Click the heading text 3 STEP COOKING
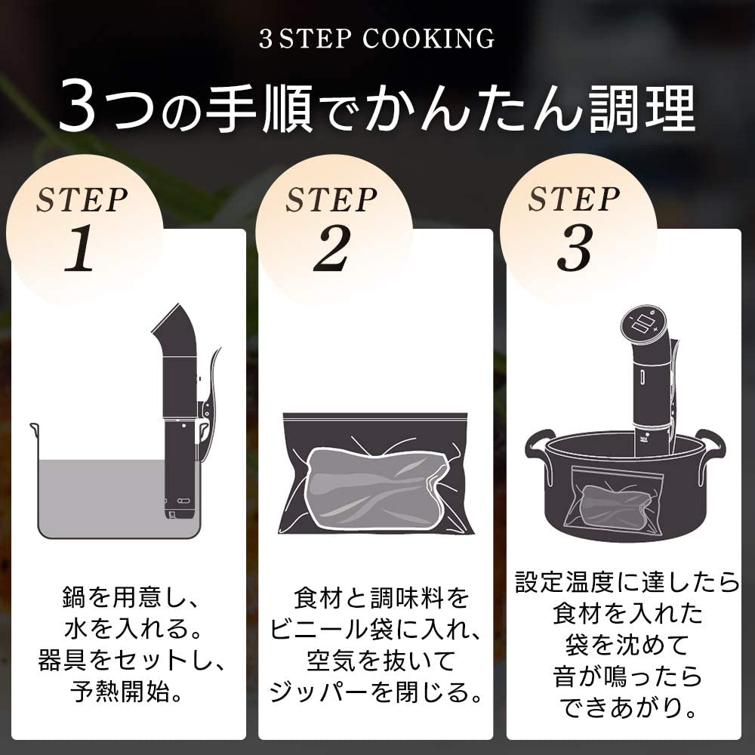click(x=377, y=39)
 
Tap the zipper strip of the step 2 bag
click(x=375, y=418)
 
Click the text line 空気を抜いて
click(x=375, y=662)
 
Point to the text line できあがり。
click(x=626, y=707)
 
